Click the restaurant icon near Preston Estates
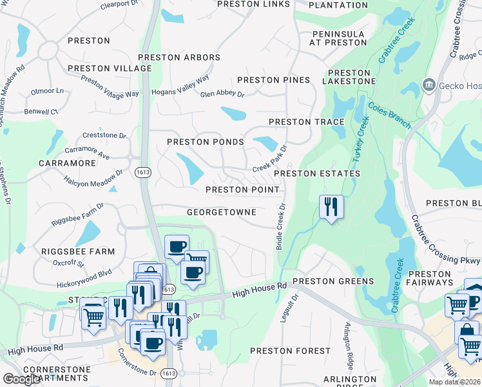(331, 207)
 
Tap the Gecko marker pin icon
(428, 85)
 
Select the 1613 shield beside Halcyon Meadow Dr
(143, 173)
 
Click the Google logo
(21, 379)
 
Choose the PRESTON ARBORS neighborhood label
(179, 57)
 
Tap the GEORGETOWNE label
(222, 212)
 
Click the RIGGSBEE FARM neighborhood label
(78, 252)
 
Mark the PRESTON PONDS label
(206, 142)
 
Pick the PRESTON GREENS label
(333, 281)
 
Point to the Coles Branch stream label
(389, 115)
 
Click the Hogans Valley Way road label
(180, 86)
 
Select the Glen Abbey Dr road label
(222, 94)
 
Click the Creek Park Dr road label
(269, 157)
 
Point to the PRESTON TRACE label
(306, 122)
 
